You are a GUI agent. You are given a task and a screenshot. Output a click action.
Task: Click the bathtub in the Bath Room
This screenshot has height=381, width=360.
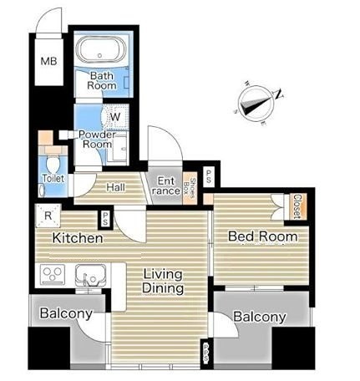pos(100,51)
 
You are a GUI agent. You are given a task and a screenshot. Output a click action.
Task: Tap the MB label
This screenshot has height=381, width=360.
pos(48,61)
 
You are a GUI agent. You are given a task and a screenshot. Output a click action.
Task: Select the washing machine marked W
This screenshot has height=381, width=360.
pos(115,116)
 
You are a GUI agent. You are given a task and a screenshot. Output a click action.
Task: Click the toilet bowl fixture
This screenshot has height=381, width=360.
pos(52,164)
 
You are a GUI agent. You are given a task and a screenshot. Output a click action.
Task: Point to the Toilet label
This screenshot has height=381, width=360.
pos(53,178)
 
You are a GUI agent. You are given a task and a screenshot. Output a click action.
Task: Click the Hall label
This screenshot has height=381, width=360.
pos(115,187)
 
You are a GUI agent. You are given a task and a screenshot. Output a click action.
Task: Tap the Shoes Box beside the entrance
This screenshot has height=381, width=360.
pos(190,186)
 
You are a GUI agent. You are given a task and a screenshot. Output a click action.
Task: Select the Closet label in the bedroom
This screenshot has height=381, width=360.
pos(297,206)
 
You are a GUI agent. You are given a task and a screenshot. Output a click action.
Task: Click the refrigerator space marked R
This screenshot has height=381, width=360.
pos(48,216)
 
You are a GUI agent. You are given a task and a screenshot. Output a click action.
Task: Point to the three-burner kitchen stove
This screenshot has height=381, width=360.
pos(53,274)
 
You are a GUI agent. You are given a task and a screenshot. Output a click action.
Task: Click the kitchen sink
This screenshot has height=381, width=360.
pos(91,275)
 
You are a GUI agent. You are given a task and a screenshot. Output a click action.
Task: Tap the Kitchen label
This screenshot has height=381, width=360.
pos(78,238)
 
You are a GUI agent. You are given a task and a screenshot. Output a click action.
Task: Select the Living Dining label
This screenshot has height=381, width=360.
pos(163,282)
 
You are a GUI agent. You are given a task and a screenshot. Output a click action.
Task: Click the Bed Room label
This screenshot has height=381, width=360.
pos(263,236)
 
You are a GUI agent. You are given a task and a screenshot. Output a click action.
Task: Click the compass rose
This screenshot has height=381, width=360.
pos(256,103)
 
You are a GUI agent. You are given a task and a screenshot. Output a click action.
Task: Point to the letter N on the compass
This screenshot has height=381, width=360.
pos(279,94)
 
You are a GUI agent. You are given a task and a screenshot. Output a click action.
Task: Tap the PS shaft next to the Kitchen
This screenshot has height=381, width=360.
pos(105,218)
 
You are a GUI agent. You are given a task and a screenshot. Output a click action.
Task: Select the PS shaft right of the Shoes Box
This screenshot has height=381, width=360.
pos(208,176)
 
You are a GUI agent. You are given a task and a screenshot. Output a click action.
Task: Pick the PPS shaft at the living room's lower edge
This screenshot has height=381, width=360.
pos(205,353)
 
